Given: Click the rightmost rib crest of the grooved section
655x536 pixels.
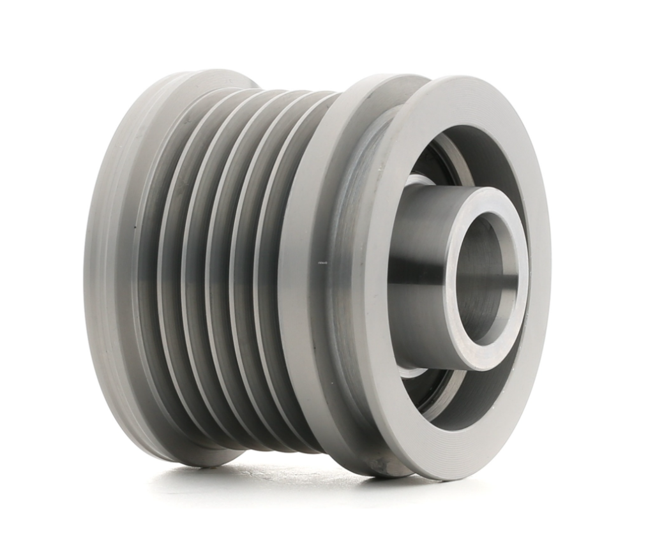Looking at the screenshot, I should click(255, 268).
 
